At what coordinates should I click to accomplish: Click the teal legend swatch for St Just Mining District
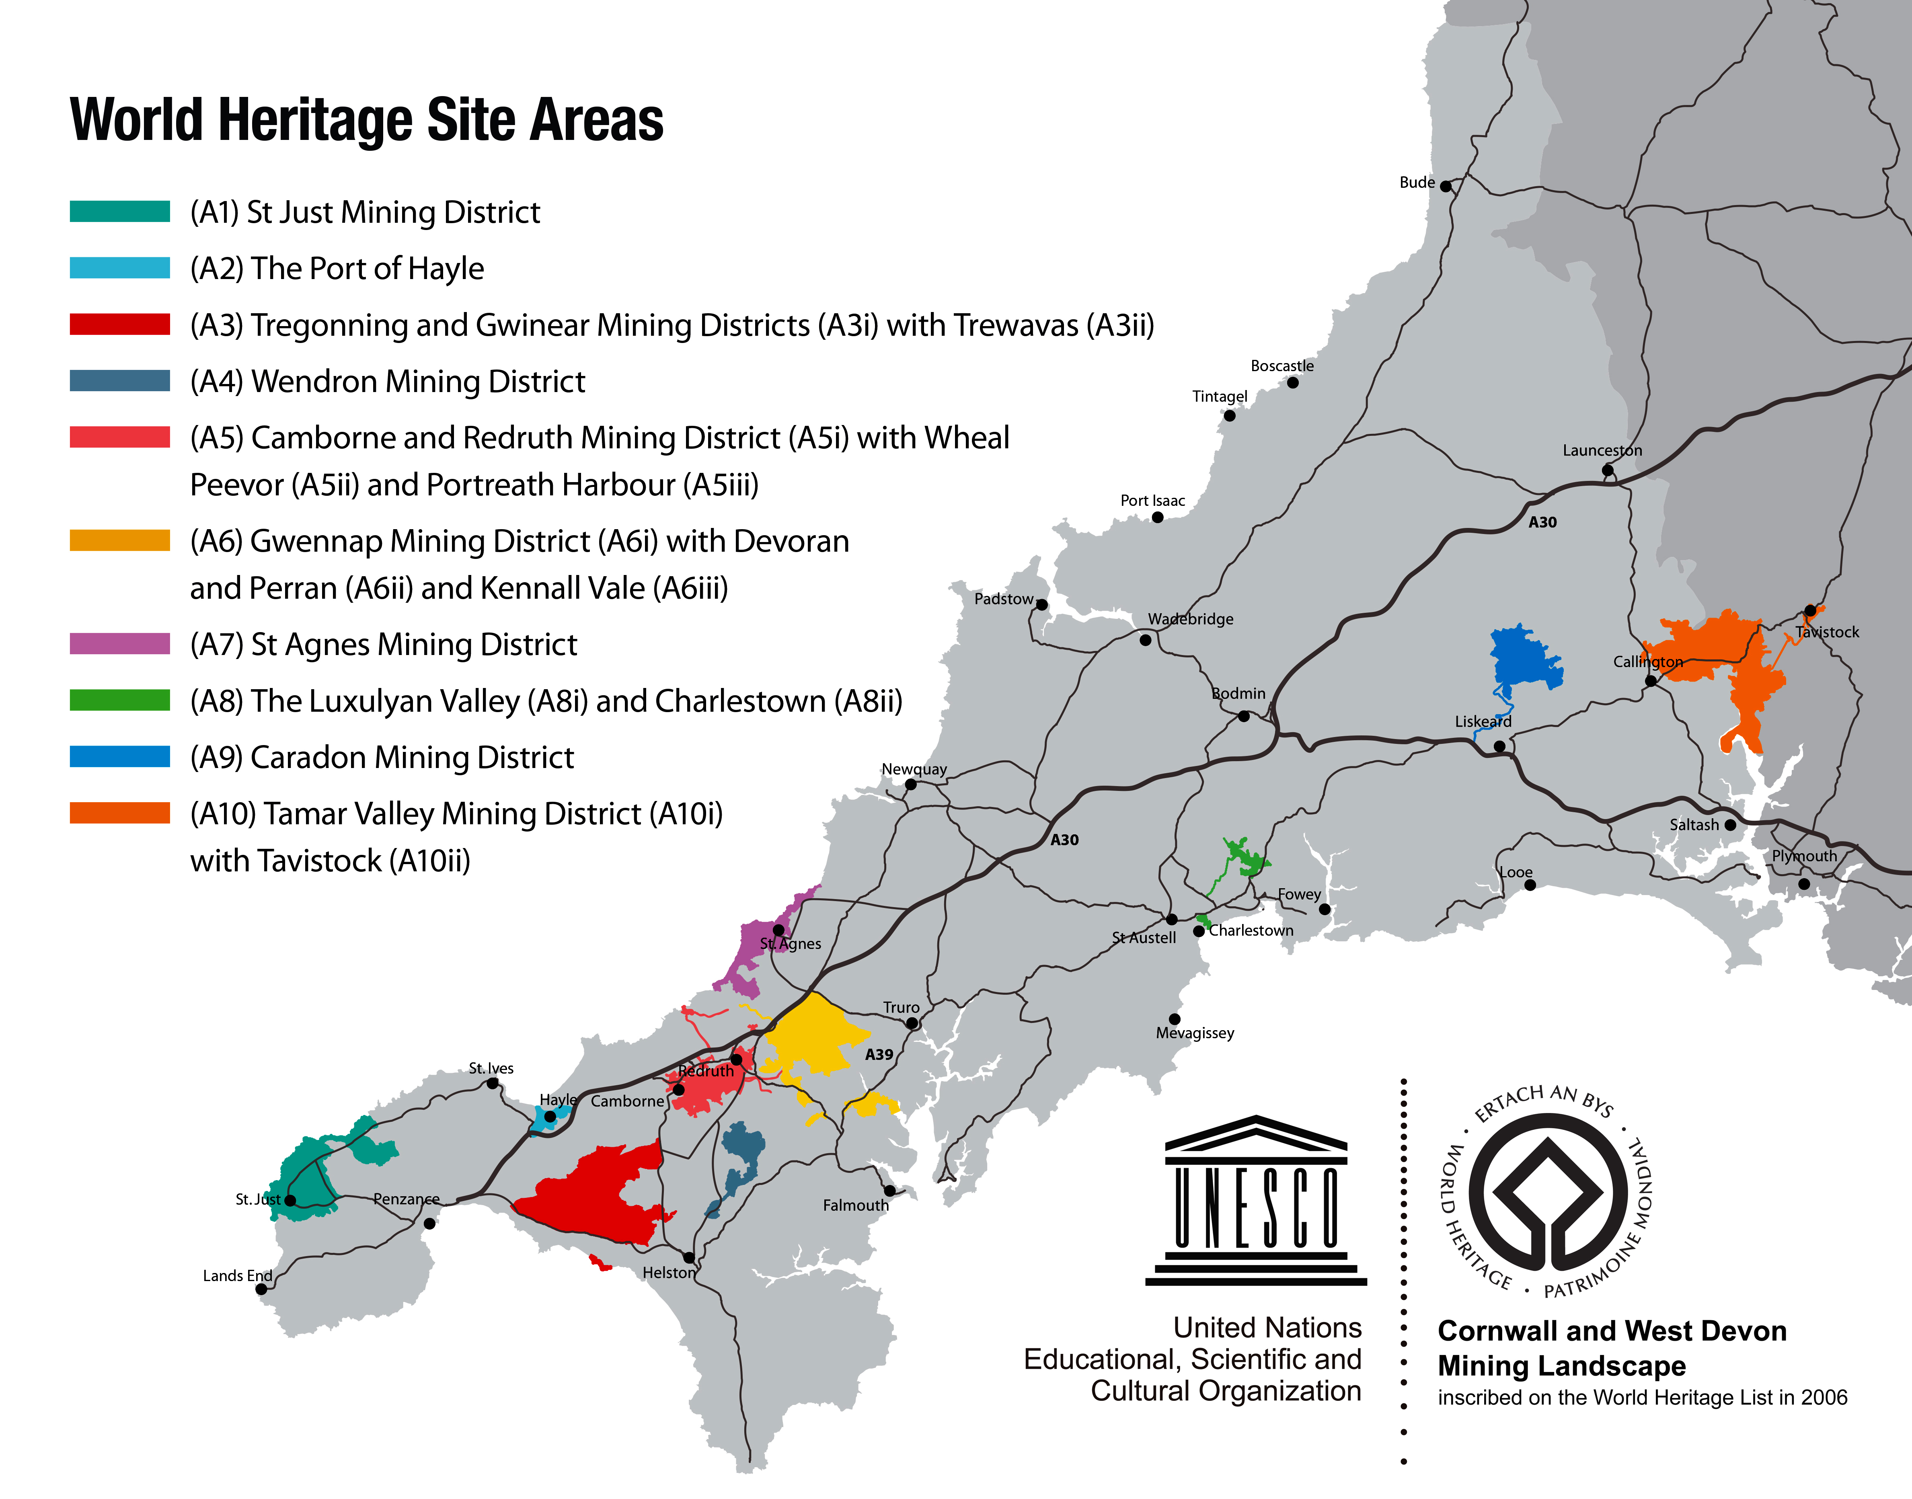[x=119, y=212]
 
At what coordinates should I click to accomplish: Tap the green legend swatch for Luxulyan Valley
[x=119, y=700]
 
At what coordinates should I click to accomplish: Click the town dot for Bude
[x=1445, y=186]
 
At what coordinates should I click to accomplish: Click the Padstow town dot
[x=1041, y=605]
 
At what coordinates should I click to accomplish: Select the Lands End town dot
[x=261, y=1289]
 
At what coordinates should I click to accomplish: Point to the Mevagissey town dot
[x=1174, y=1019]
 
